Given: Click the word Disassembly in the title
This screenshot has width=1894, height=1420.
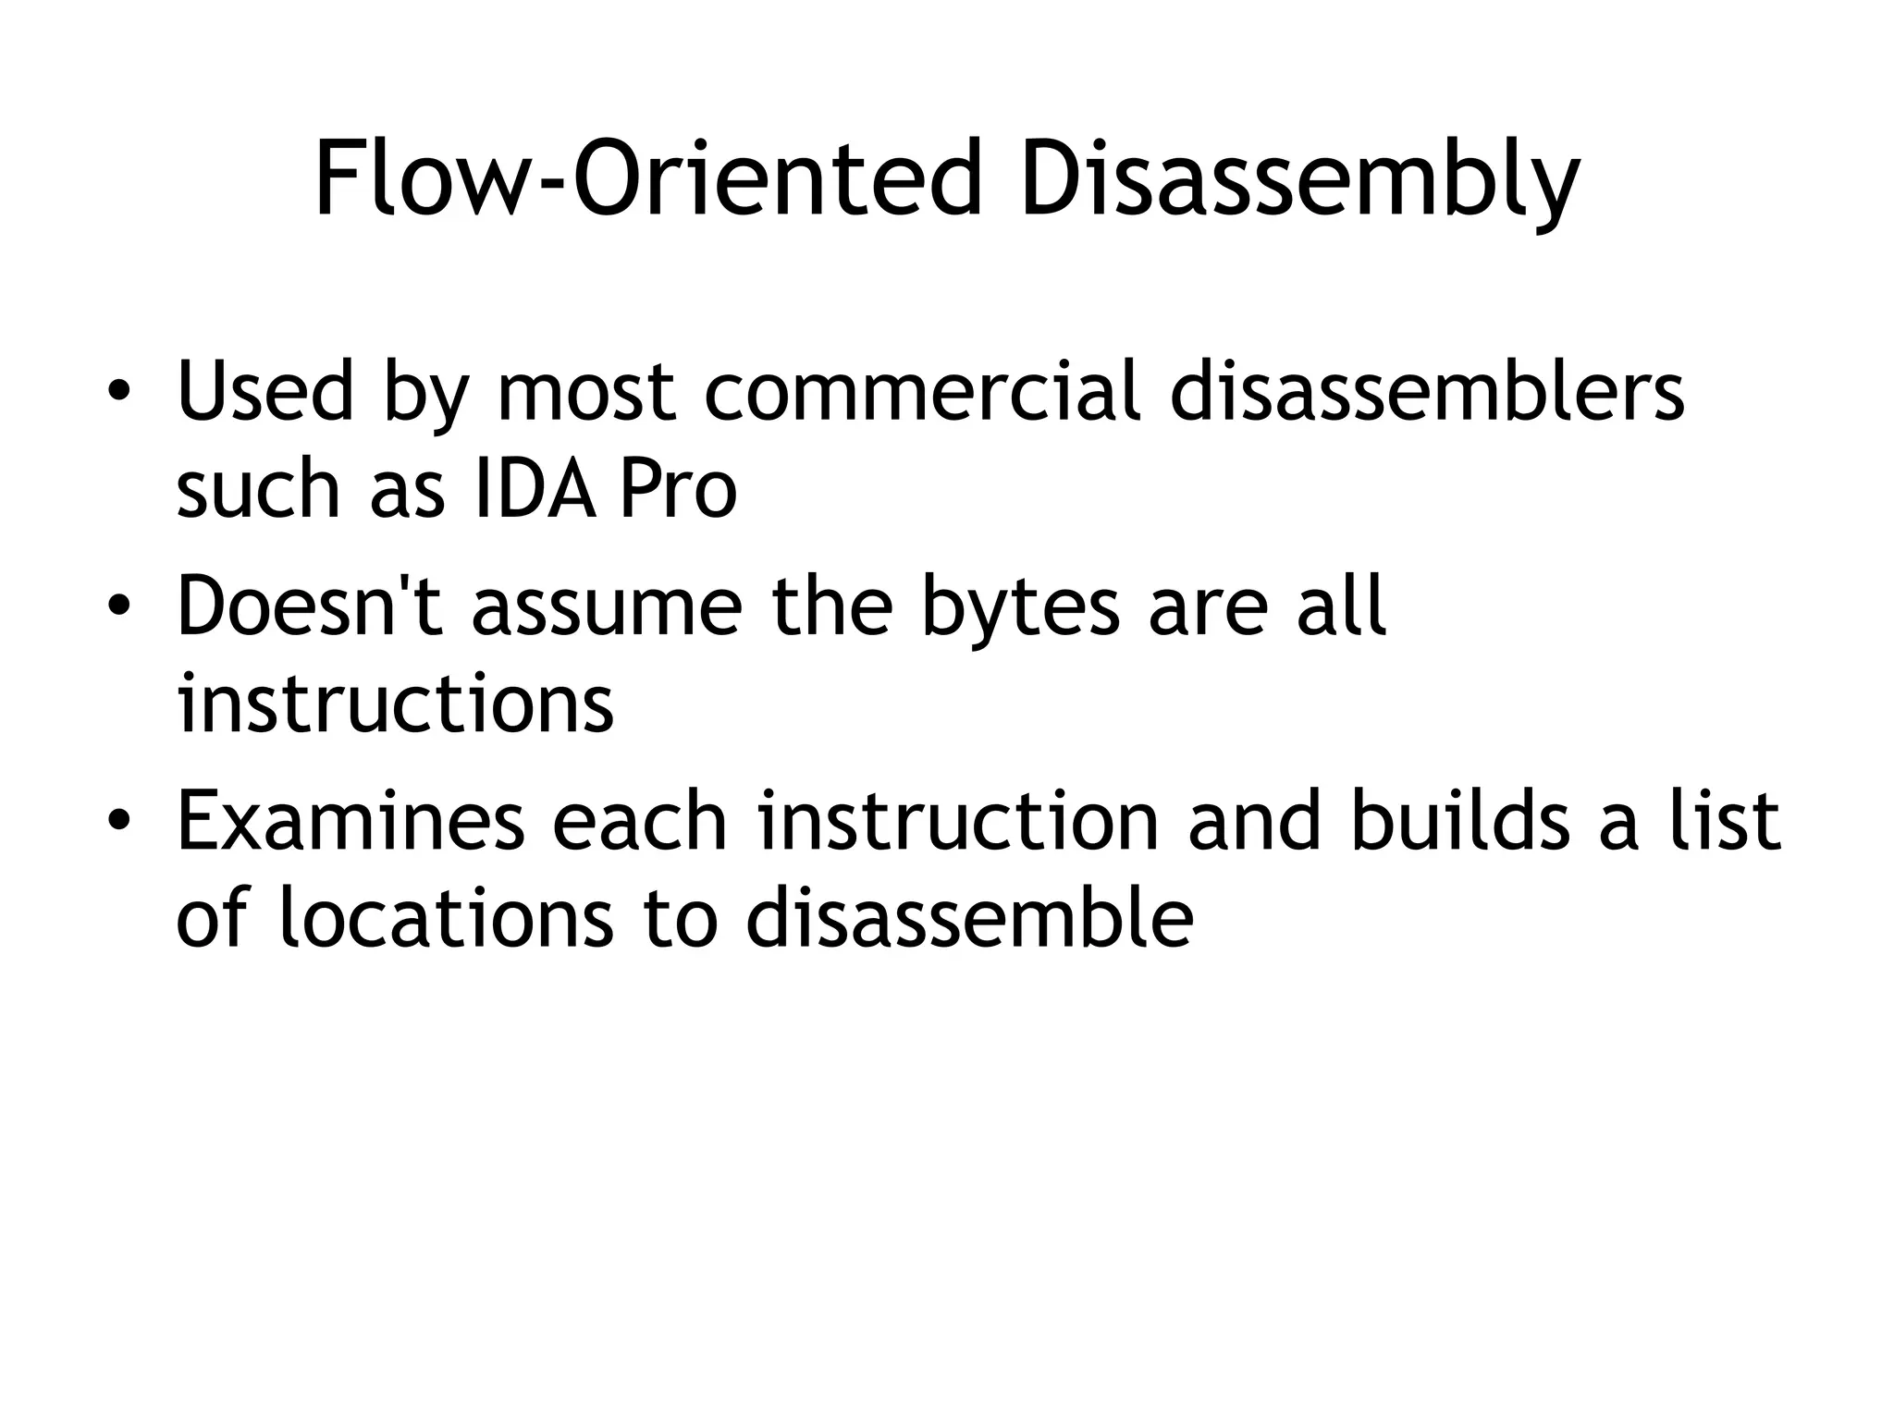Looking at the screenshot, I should pos(1298,180).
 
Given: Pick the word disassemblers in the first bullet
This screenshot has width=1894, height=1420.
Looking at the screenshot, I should pos(1427,392).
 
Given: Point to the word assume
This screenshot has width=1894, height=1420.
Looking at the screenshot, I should pos(607,607).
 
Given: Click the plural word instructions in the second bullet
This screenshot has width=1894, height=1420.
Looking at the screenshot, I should pos(395,704).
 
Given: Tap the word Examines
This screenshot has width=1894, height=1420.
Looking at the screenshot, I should pos(351,822).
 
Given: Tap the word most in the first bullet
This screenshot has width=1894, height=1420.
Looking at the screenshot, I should pos(586,394).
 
